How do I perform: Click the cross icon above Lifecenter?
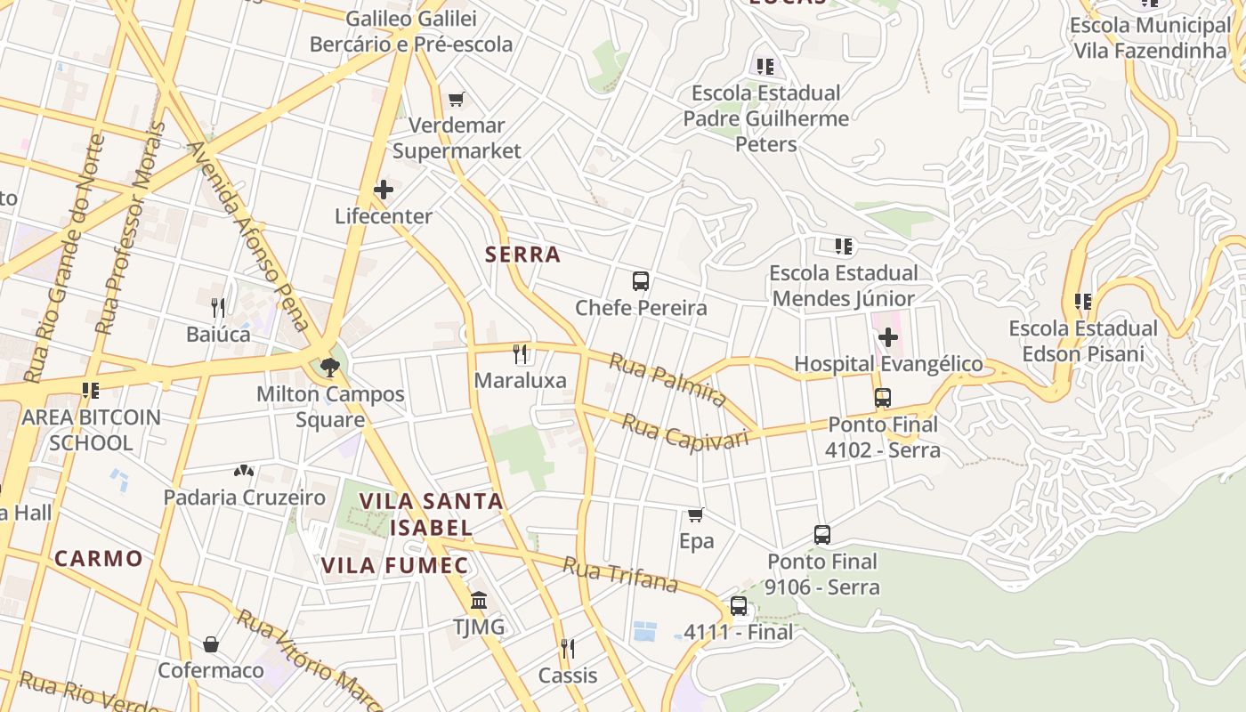coord(384,190)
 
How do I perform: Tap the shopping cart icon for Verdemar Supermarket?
coord(457,99)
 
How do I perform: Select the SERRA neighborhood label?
coord(522,255)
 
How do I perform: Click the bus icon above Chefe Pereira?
coord(640,281)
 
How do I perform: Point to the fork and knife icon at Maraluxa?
coord(521,354)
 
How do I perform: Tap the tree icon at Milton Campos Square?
coord(330,367)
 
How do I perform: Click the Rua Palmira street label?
coord(667,380)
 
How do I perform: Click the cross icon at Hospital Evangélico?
coord(887,337)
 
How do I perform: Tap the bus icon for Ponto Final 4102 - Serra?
coord(882,398)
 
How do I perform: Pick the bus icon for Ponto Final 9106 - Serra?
coord(822,535)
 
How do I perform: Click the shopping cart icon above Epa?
coord(696,514)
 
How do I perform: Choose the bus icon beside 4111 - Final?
coord(738,606)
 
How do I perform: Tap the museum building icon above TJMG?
coord(479,601)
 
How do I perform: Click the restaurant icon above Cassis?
coord(568,648)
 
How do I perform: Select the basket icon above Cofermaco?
coord(211,643)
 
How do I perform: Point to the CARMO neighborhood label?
coord(99,559)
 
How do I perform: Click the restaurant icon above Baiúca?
coord(218,308)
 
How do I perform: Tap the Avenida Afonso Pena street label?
coord(247,238)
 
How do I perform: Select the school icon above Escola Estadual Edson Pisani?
coord(1082,302)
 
